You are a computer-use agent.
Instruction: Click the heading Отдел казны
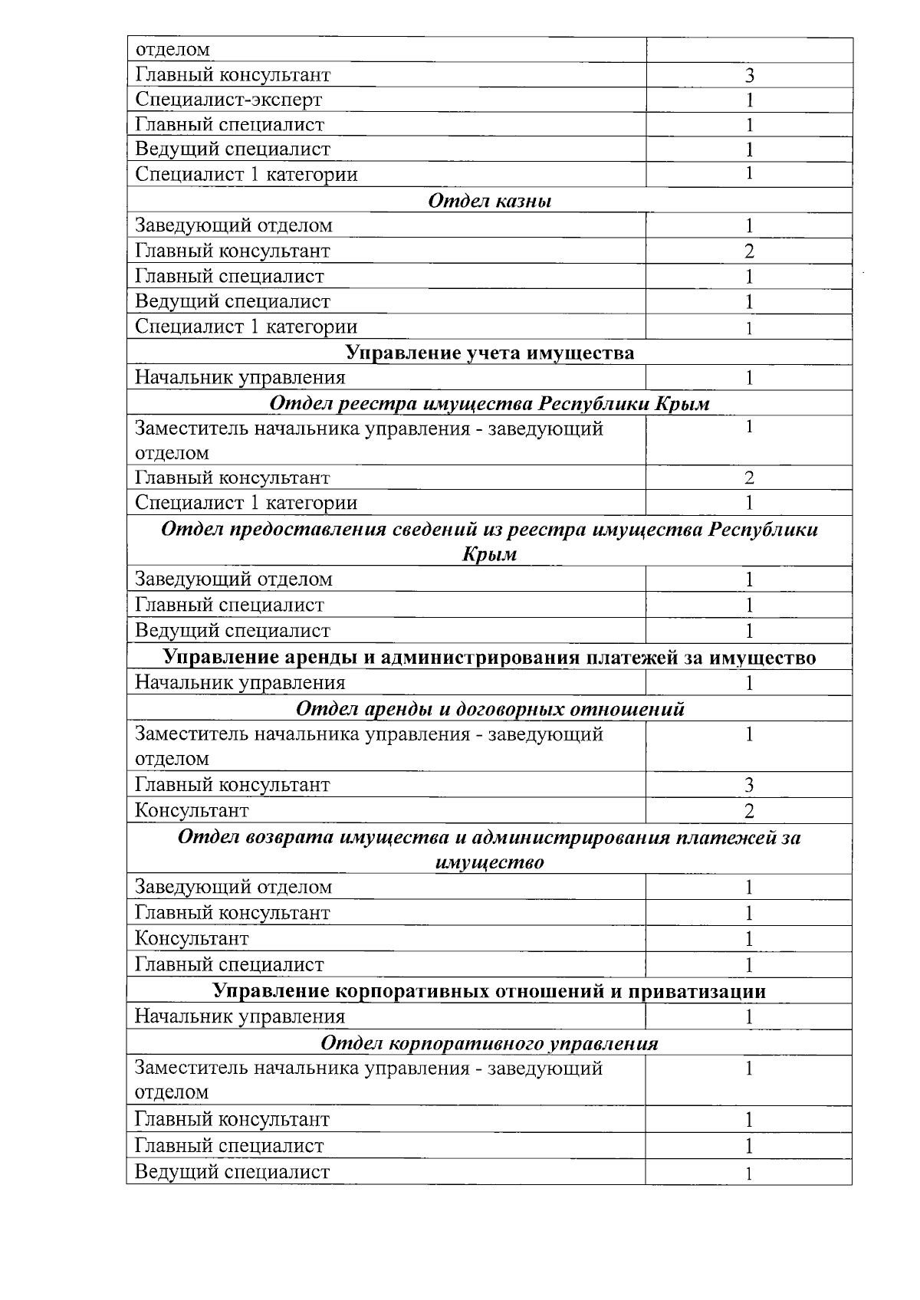[489, 201]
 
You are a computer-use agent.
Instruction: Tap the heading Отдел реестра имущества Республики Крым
[489, 403]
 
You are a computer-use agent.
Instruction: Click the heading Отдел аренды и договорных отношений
[489, 708]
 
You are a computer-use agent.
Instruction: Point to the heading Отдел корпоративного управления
[489, 1043]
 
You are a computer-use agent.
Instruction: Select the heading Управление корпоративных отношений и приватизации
[489, 991]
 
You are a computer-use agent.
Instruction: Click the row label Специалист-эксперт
[228, 100]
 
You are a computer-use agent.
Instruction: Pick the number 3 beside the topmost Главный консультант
[749, 75]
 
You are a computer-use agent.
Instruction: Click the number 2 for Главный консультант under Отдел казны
[749, 251]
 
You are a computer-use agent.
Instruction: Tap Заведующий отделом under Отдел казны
[234, 225]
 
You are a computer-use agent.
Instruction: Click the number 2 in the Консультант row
[749, 811]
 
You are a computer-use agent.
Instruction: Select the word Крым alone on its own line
[489, 554]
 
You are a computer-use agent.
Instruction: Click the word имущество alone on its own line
[489, 862]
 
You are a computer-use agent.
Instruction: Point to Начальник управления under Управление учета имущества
[240, 377]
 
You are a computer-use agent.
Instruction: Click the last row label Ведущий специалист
[232, 1172]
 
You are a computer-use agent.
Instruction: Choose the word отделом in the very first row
[172, 50]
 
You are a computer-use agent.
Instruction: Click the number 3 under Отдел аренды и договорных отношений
[749, 785]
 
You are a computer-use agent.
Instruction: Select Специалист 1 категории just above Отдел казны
[246, 174]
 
